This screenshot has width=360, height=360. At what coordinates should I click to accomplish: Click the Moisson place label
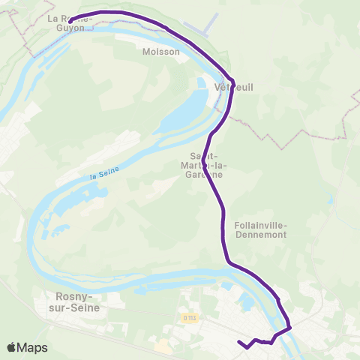coord(161,52)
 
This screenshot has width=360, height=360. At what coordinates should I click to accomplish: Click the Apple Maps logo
coord(27,347)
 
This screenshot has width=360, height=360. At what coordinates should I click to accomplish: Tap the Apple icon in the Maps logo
coord(11,347)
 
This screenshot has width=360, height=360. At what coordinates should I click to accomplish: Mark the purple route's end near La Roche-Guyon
coord(70,20)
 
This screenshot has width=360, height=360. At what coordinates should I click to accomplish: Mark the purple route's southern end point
coord(238,343)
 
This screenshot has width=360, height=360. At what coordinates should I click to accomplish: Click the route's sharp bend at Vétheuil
coord(233,80)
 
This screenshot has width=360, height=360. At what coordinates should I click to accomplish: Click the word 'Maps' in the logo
coord(33,348)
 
